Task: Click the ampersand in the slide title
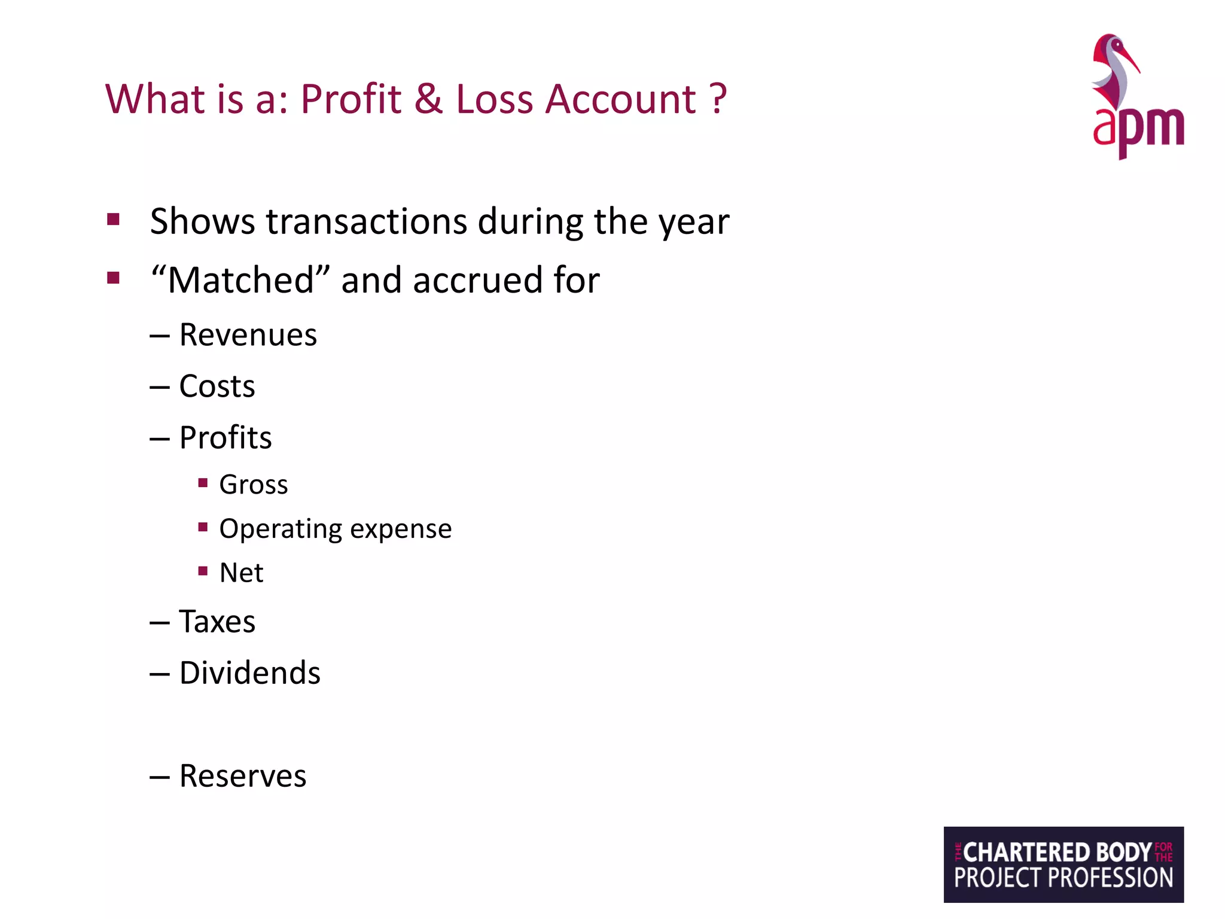click(428, 99)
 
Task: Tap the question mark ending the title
click(717, 99)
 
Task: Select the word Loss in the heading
click(494, 99)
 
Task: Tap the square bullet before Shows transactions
click(113, 219)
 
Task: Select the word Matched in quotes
click(240, 280)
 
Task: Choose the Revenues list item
click(248, 334)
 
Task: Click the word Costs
click(217, 386)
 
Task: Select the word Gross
click(254, 485)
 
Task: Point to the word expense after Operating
click(401, 529)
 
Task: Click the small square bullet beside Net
click(203, 571)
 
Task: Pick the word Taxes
click(217, 621)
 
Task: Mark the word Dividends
click(250, 672)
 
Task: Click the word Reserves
click(243, 776)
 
